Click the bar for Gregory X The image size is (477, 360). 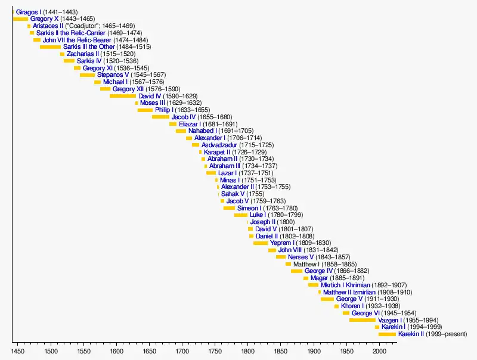tap(20, 19)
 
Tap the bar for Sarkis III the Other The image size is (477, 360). tap(50, 46)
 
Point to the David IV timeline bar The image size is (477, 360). tap(123, 96)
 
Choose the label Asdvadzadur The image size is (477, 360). tap(219, 145)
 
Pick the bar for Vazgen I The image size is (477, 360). tap(363, 320)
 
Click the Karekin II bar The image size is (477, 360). tap(387, 334)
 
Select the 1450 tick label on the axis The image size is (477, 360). tap(18, 351)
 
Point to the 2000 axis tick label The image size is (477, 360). tap(380, 351)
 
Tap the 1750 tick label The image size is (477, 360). tap(215, 351)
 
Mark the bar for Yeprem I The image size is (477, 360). tap(261, 243)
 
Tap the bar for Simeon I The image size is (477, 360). tap(229, 208)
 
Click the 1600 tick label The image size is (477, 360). tap(116, 351)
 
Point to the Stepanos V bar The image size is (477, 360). tap(87, 75)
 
